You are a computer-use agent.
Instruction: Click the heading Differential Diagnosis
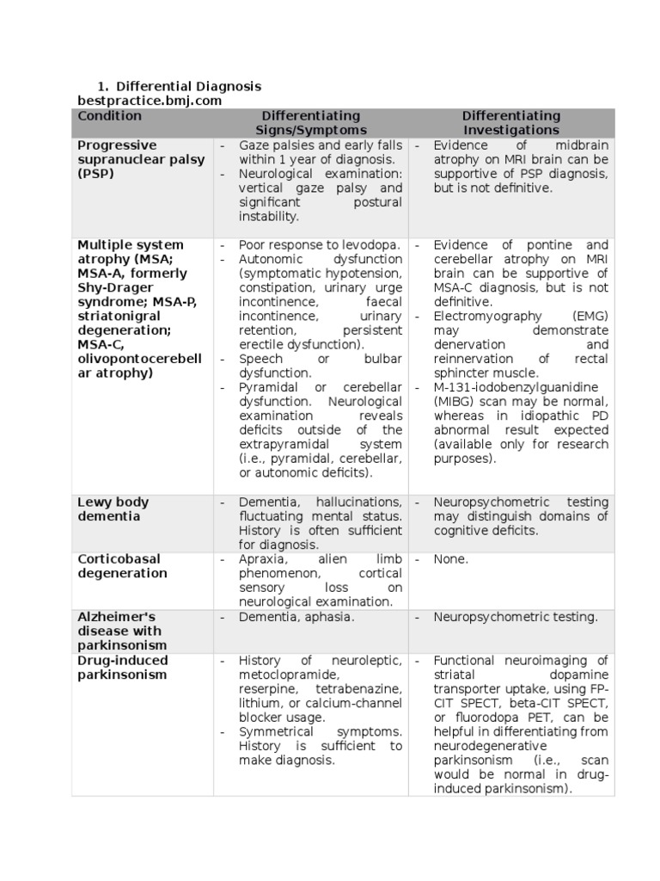pos(188,87)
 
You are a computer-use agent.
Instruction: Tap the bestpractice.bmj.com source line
pos(150,102)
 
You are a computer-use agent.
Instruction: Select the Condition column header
pos(109,116)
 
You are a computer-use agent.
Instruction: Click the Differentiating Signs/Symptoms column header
pos(310,123)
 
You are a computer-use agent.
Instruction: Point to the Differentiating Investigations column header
pos(510,123)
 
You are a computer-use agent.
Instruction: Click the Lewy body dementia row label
pos(113,509)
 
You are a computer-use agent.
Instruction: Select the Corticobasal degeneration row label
pos(123,566)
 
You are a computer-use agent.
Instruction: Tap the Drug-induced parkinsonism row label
pos(123,668)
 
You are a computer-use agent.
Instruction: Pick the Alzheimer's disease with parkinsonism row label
pos(123,631)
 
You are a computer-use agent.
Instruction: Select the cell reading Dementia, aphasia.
pos(296,617)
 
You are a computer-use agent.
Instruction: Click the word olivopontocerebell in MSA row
pos(139,359)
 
